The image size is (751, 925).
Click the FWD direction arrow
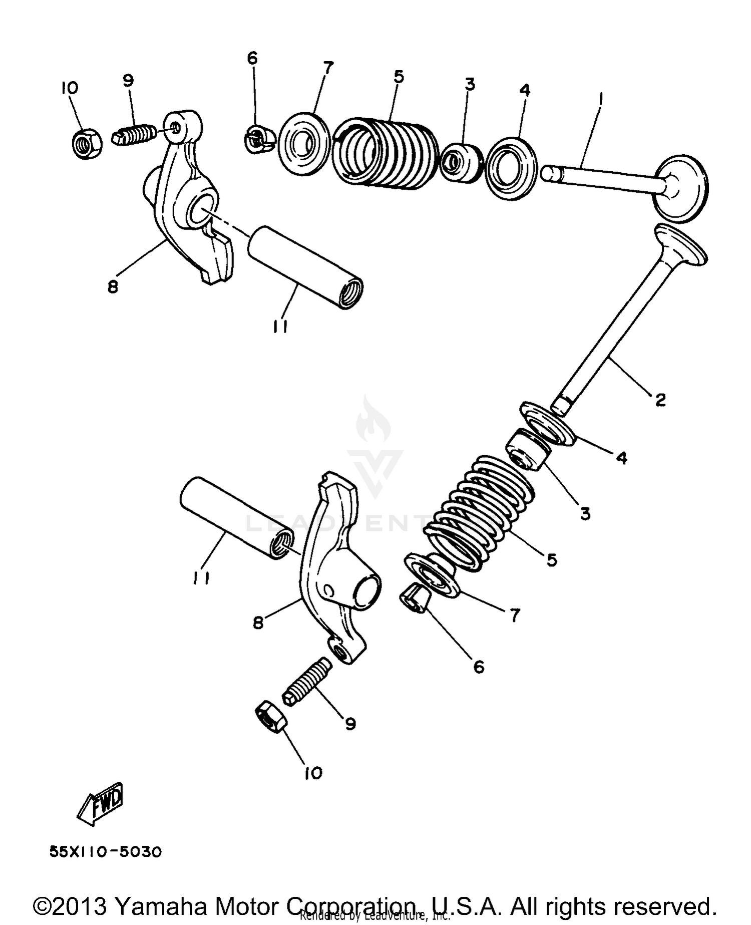point(100,803)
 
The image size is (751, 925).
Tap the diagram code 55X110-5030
point(106,852)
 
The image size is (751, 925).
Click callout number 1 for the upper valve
point(600,98)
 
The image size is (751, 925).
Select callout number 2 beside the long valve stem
point(660,400)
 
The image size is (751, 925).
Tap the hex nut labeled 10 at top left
point(85,143)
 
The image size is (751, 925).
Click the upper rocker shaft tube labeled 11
point(305,267)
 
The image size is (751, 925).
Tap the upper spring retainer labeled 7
point(304,144)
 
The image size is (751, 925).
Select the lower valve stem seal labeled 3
point(529,449)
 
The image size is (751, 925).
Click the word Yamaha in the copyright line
point(160,906)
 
